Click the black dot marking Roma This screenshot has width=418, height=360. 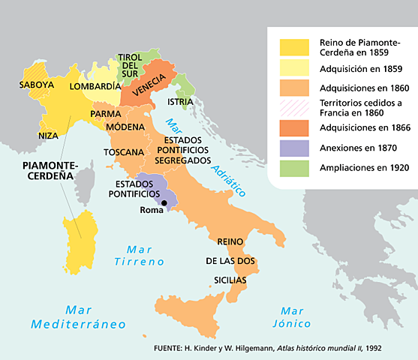point(164,202)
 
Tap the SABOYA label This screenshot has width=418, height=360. point(37,85)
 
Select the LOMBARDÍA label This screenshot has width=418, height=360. point(95,86)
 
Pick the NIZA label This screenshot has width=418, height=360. point(47,136)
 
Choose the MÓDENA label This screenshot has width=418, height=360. point(125,127)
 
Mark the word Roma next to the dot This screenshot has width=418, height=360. point(153,211)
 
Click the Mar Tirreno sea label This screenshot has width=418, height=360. point(134,256)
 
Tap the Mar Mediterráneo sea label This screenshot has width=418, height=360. point(77,316)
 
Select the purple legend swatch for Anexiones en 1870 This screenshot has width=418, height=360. point(293,148)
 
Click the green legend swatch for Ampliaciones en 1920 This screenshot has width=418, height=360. point(293,168)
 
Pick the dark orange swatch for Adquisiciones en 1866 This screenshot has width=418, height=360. point(293,127)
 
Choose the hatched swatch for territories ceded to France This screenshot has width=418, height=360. point(293,107)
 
